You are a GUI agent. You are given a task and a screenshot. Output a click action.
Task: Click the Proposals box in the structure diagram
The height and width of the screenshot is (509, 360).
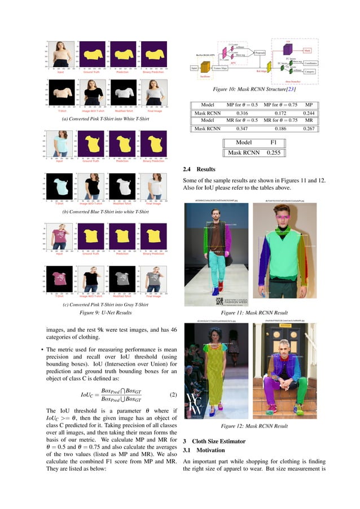click(260, 52)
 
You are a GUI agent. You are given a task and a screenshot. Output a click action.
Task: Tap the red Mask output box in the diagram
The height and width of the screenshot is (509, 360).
click(307, 50)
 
